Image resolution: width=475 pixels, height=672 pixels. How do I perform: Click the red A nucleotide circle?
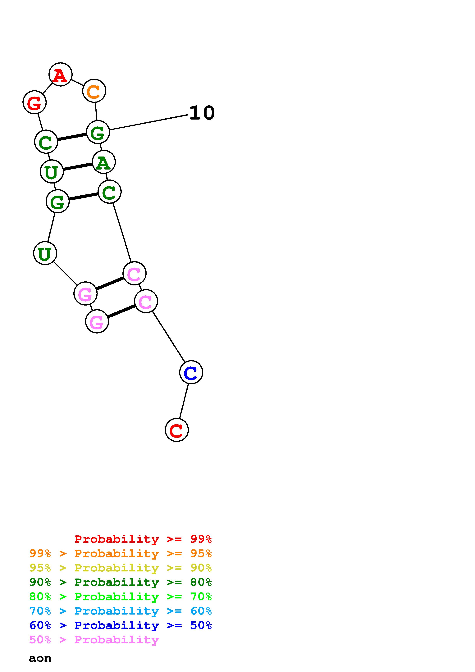[x=60, y=75]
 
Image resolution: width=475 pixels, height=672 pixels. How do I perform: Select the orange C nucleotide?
[x=94, y=91]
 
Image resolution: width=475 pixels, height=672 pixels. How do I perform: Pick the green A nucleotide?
[x=104, y=162]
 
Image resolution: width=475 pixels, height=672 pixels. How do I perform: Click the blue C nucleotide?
[x=191, y=372]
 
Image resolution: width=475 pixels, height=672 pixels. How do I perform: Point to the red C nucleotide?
[x=177, y=430]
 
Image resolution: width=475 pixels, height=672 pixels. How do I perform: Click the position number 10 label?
[x=202, y=113]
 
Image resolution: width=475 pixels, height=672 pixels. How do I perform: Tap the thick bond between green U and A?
[x=78, y=167]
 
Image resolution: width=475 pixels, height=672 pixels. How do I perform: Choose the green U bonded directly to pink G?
[x=45, y=253]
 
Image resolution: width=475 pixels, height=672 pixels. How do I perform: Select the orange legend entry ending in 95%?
[x=121, y=553]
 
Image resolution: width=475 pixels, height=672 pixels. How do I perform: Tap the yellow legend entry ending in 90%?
[x=121, y=568]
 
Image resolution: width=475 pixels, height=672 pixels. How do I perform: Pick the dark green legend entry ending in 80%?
[x=121, y=582]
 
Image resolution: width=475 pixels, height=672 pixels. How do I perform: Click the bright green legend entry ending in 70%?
[x=121, y=597]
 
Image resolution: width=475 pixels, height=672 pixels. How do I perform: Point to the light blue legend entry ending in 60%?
[x=121, y=611]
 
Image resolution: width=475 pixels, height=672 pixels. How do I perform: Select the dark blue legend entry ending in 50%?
[x=121, y=625]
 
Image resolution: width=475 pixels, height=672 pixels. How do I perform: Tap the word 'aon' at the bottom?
[x=40, y=658]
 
